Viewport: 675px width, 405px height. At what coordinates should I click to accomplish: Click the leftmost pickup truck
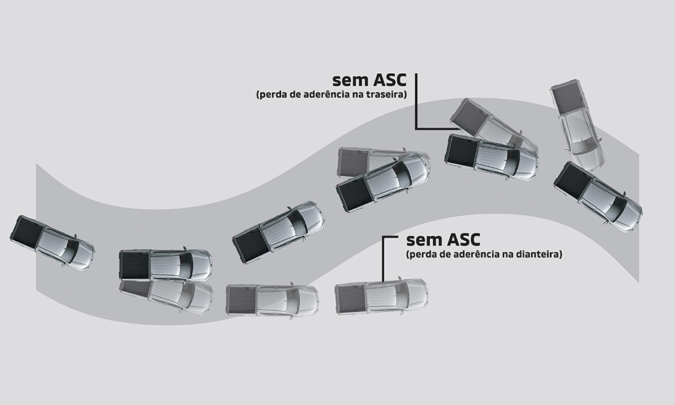(52, 243)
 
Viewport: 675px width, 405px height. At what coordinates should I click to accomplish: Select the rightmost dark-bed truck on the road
(598, 197)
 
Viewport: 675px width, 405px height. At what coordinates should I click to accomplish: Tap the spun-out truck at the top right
(577, 123)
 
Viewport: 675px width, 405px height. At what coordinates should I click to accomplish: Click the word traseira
(388, 94)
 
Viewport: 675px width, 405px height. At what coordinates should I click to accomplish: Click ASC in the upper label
(390, 79)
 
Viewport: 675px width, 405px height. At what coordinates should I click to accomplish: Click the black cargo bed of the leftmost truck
(27, 231)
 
